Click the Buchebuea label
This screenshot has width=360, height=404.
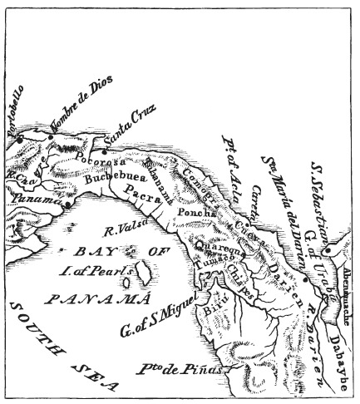[x=103, y=177]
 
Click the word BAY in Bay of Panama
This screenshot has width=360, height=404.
[x=76, y=249]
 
